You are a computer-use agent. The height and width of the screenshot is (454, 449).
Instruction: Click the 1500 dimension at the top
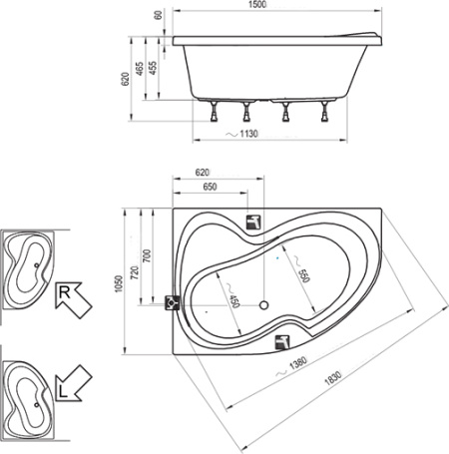257,4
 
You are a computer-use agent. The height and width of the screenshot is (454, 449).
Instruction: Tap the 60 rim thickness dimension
159,15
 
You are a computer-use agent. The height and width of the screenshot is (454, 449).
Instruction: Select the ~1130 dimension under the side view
241,134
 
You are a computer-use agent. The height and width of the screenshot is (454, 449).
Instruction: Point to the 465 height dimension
140,69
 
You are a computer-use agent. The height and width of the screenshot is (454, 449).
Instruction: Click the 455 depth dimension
153,68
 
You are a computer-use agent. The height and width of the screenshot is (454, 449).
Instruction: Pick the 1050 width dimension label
119,283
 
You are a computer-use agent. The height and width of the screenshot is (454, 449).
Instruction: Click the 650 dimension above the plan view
210,187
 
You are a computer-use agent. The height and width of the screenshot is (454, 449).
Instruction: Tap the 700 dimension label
147,255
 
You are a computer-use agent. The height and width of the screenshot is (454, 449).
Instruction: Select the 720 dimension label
135,272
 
